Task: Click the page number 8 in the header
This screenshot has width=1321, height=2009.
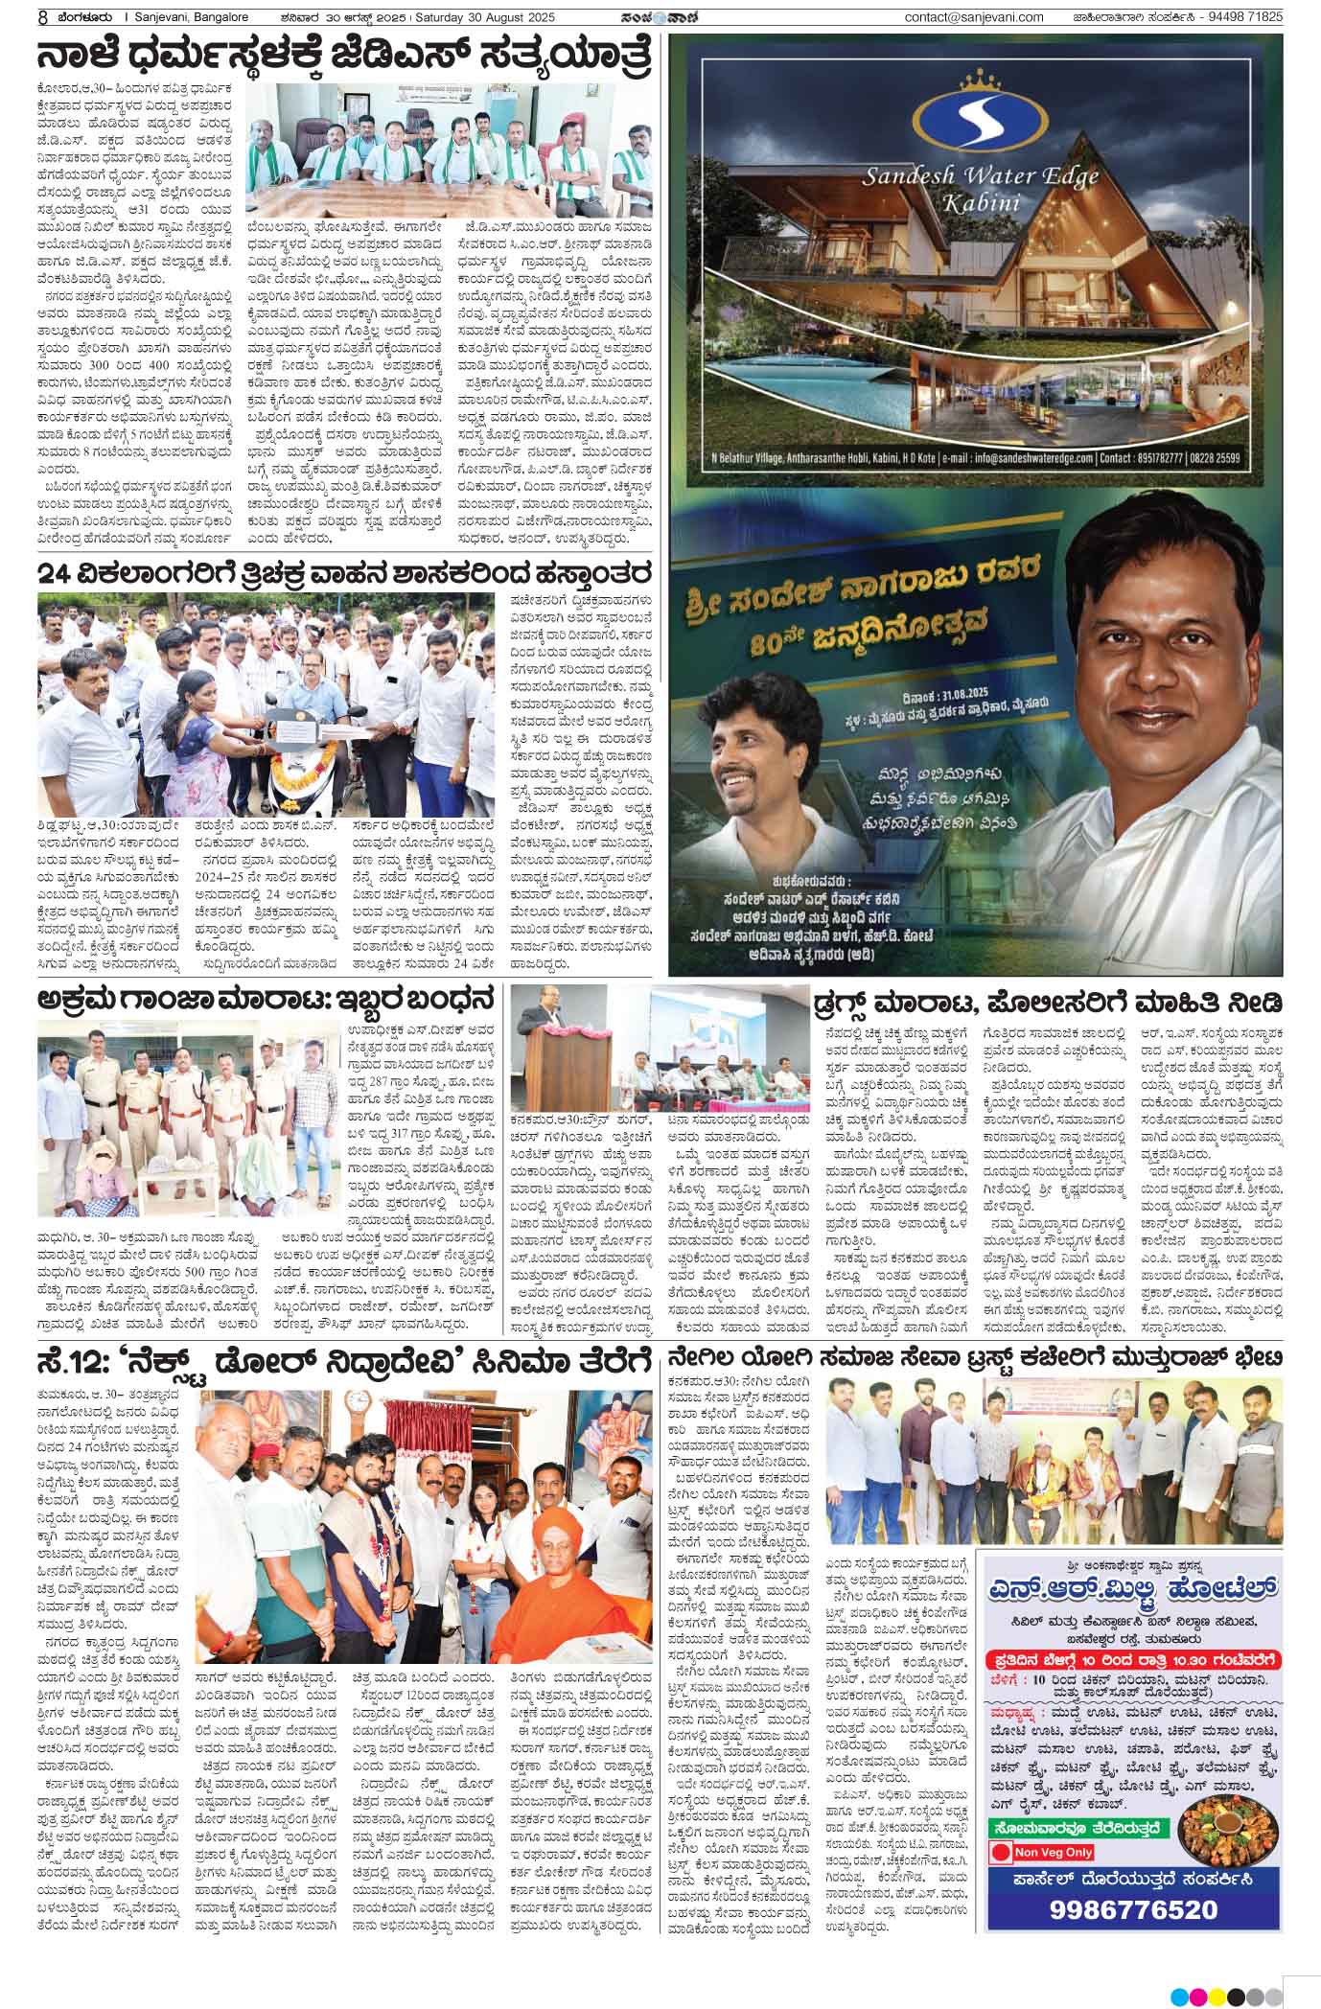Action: (17, 16)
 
